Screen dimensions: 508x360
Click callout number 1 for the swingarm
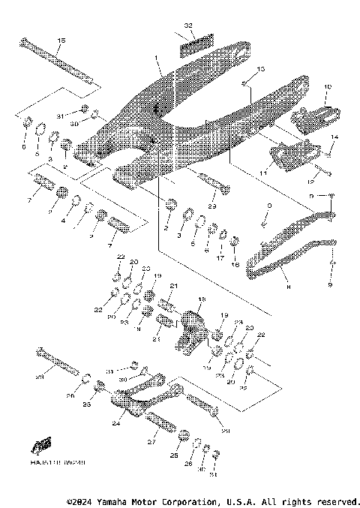[156, 59]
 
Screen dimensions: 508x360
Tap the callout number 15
[61, 40]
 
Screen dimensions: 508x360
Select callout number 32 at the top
[189, 26]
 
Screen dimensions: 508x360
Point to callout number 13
[261, 69]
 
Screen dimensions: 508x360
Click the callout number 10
[327, 88]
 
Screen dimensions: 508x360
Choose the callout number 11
[263, 173]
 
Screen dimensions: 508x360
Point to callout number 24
[116, 423]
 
